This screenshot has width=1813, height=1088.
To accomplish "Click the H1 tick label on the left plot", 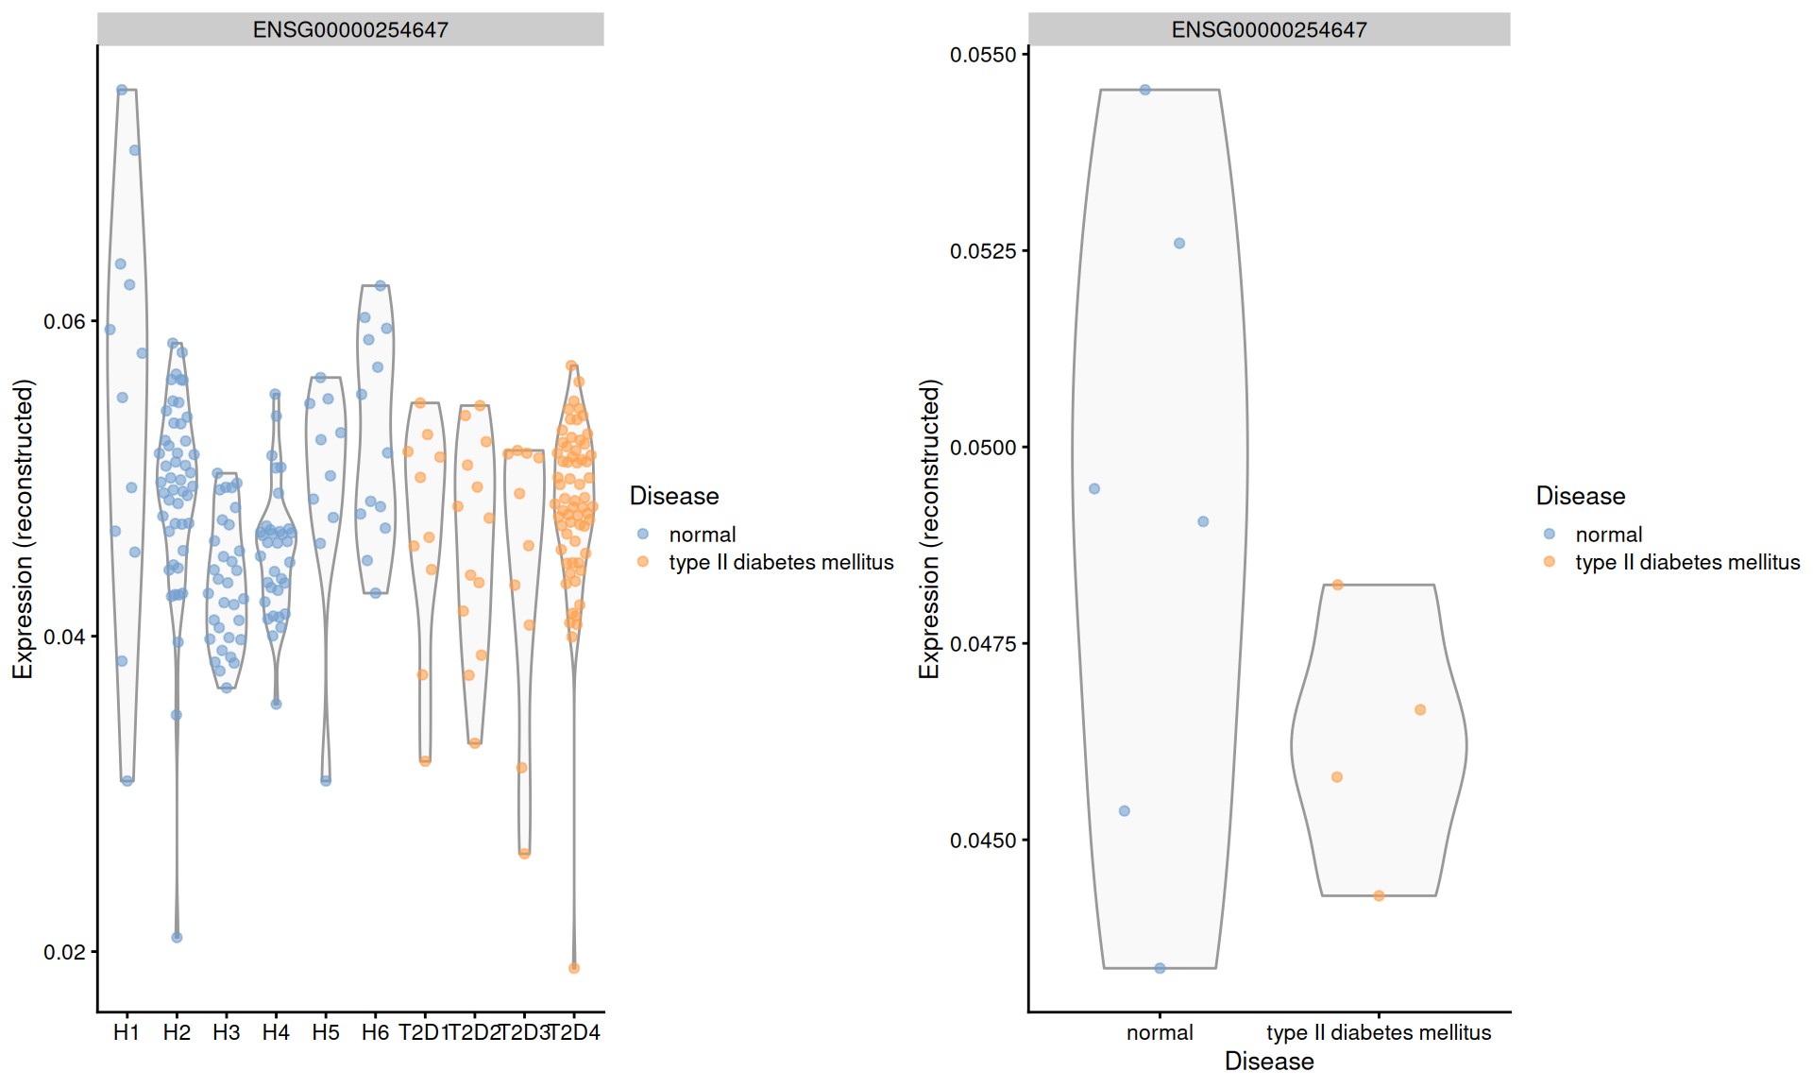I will point(126,1032).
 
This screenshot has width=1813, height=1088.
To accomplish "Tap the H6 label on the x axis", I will point(375,1032).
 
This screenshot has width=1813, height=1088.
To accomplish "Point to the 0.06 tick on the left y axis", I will point(64,322).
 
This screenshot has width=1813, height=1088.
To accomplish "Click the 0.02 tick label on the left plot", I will point(64,952).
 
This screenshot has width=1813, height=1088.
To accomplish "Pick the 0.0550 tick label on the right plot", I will point(983,55).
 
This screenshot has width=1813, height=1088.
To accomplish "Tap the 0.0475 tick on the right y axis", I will point(983,644).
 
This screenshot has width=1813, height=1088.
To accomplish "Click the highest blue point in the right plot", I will point(1145,90).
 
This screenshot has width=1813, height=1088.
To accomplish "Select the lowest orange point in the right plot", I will point(1379,895).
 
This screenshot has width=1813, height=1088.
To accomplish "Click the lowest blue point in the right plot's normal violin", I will point(1160,968).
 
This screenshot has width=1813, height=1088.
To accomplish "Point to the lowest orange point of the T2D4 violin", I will point(574,968).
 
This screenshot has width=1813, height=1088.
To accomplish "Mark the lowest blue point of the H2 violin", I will point(177,937).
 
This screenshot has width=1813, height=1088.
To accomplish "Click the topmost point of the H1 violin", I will point(122,90).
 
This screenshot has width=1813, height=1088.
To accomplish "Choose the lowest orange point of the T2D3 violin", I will point(525,853).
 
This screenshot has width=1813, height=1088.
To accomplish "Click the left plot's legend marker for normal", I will point(643,535).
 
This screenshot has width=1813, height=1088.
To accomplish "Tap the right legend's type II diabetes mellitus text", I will point(1687,562).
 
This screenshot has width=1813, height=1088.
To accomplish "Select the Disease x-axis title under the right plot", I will point(1268,1062).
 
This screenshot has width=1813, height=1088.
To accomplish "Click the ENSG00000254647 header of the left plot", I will point(350,29).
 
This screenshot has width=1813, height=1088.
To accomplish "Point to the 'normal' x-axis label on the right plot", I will point(1160,1032).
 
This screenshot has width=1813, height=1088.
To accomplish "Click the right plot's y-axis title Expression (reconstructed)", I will point(930,529).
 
